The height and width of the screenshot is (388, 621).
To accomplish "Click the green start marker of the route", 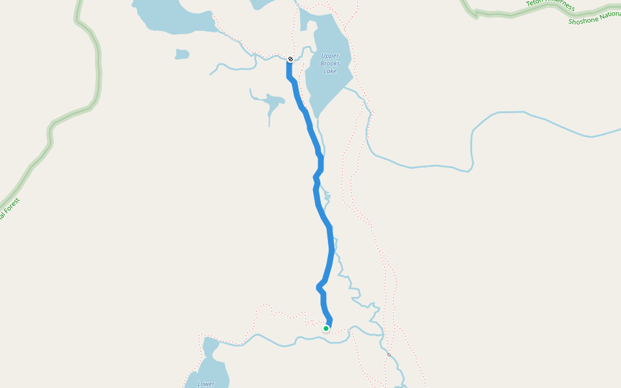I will (326, 329).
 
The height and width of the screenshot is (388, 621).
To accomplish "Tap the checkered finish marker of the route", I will (290, 59).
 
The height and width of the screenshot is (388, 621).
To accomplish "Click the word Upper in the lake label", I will (330, 56).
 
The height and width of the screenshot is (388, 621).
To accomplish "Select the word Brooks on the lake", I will (330, 63).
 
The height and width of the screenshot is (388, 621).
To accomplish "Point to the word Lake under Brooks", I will (330, 71).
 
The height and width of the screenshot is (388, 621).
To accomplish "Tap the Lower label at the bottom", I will (206, 383).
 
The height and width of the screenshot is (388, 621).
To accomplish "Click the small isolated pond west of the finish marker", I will (182, 54).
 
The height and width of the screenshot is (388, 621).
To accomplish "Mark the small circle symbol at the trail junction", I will (389, 354).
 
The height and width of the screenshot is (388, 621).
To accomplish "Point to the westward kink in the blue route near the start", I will (318, 286).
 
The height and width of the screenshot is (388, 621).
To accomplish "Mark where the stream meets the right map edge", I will (619, 131).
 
